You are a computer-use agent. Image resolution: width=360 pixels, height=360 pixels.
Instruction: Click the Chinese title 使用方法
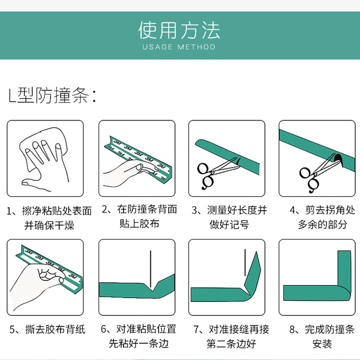pyautogui.click(x=179, y=30)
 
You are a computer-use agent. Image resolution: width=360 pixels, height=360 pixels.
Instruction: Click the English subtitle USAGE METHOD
pyautogui.click(x=179, y=47)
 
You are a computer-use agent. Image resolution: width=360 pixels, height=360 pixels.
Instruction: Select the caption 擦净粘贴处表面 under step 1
pyautogui.click(x=57, y=211)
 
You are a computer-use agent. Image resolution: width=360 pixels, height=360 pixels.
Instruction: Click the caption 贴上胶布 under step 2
pyautogui.click(x=139, y=224)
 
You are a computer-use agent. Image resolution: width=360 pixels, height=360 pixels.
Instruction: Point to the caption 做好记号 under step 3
pyautogui.click(x=229, y=224)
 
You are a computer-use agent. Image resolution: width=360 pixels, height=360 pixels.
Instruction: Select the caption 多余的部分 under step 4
pyautogui.click(x=323, y=224)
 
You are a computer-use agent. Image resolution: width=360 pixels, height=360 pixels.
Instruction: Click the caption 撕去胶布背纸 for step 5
pyautogui.click(x=55, y=329)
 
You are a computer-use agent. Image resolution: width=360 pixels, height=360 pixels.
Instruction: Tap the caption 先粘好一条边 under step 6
pyautogui.click(x=139, y=343)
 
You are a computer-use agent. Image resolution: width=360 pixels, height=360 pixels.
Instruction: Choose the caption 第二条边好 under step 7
pyautogui.click(x=231, y=344)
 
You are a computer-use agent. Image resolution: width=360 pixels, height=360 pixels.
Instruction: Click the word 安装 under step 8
pyautogui.click(x=322, y=344)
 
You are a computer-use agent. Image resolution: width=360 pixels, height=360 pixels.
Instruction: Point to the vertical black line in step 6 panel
pyautogui.click(x=151, y=269)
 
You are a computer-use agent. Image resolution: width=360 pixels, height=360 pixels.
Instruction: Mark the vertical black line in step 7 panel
pyautogui.click(x=245, y=262)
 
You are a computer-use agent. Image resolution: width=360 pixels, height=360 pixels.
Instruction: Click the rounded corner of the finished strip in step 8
pyautogui.click(x=344, y=293)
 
